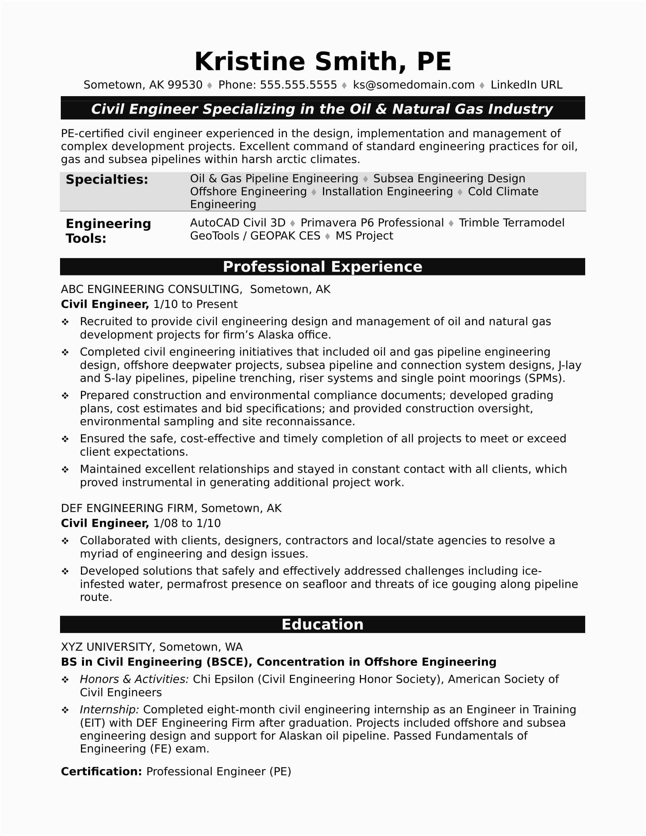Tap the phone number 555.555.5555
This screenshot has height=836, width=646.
tap(298, 85)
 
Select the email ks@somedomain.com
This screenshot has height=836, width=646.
tap(413, 85)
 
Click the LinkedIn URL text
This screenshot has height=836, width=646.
tap(526, 85)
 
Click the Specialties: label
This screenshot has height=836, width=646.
tap(107, 179)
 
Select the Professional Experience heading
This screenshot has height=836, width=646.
tap(322, 267)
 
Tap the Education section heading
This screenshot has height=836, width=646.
tap(322, 624)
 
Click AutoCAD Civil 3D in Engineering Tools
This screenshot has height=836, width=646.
tap(237, 223)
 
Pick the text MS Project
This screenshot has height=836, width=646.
tap(364, 236)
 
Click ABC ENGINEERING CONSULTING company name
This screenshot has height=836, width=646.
tap(151, 290)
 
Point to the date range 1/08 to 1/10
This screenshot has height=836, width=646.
tap(187, 523)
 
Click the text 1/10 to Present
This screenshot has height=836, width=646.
tap(195, 304)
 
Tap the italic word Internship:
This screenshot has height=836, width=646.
tap(109, 710)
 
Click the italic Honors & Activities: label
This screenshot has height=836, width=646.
tap(134, 679)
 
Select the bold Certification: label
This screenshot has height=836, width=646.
tap(101, 771)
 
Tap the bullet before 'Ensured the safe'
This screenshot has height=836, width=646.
tap(65, 439)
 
